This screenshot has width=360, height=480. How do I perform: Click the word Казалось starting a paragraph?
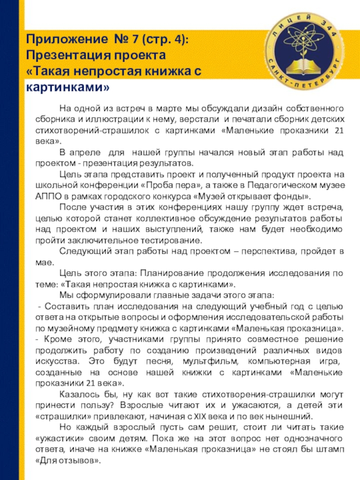[x=77, y=394]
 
